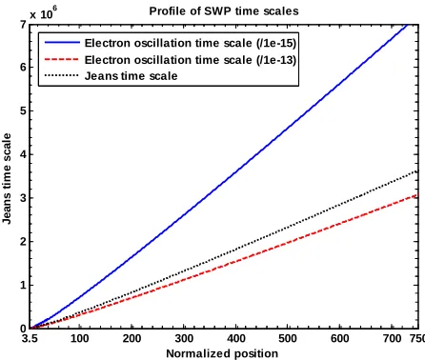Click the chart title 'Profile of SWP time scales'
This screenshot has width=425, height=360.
(224, 11)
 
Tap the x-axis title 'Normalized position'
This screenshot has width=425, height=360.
(222, 353)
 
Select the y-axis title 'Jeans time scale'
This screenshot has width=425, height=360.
(7, 178)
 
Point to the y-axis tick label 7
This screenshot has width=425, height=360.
(23, 25)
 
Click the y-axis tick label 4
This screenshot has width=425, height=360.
(23, 154)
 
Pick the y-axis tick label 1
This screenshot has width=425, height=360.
(23, 285)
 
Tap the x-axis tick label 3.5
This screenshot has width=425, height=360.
(30, 338)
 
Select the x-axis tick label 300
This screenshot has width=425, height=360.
(184, 338)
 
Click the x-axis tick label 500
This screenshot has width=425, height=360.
(288, 338)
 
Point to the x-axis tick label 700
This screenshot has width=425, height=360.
(392, 338)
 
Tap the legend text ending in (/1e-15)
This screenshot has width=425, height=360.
(191, 43)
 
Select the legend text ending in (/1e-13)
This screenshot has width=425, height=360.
(191, 60)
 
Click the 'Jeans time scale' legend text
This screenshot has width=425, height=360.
(131, 76)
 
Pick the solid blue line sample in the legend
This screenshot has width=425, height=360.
(62, 42)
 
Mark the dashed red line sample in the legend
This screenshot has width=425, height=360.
(62, 59)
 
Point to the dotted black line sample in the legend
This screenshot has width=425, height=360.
(62, 75)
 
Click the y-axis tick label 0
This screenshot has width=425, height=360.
(23, 329)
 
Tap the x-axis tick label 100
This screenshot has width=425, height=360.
(80, 338)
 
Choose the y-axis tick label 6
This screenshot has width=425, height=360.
(23, 68)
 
